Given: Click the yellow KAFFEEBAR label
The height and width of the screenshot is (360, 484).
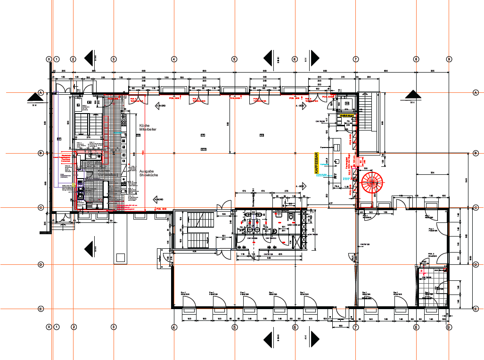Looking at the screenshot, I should [316, 164].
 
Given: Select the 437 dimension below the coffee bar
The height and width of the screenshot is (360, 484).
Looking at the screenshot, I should [330, 203].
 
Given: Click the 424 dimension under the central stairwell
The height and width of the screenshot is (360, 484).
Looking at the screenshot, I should [194, 251].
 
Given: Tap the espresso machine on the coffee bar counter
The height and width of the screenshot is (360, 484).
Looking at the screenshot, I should [337, 146].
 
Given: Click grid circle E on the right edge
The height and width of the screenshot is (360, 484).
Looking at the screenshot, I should [475, 309].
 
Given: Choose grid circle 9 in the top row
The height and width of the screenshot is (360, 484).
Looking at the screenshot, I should [449, 59].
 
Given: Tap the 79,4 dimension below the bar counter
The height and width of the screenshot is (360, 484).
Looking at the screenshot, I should [337, 187].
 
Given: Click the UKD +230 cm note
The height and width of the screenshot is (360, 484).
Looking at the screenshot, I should [294, 225].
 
